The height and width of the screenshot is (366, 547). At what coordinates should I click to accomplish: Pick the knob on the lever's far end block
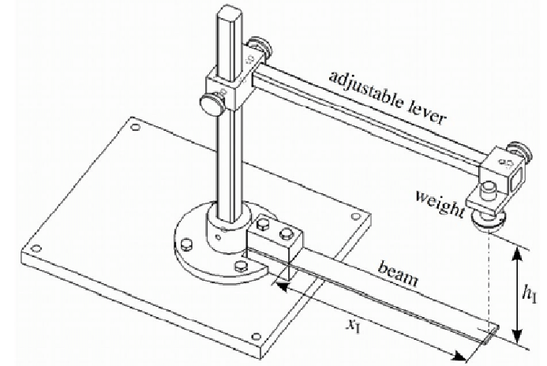click(519, 149)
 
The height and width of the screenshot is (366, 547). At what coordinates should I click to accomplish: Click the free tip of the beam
click(491, 334)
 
